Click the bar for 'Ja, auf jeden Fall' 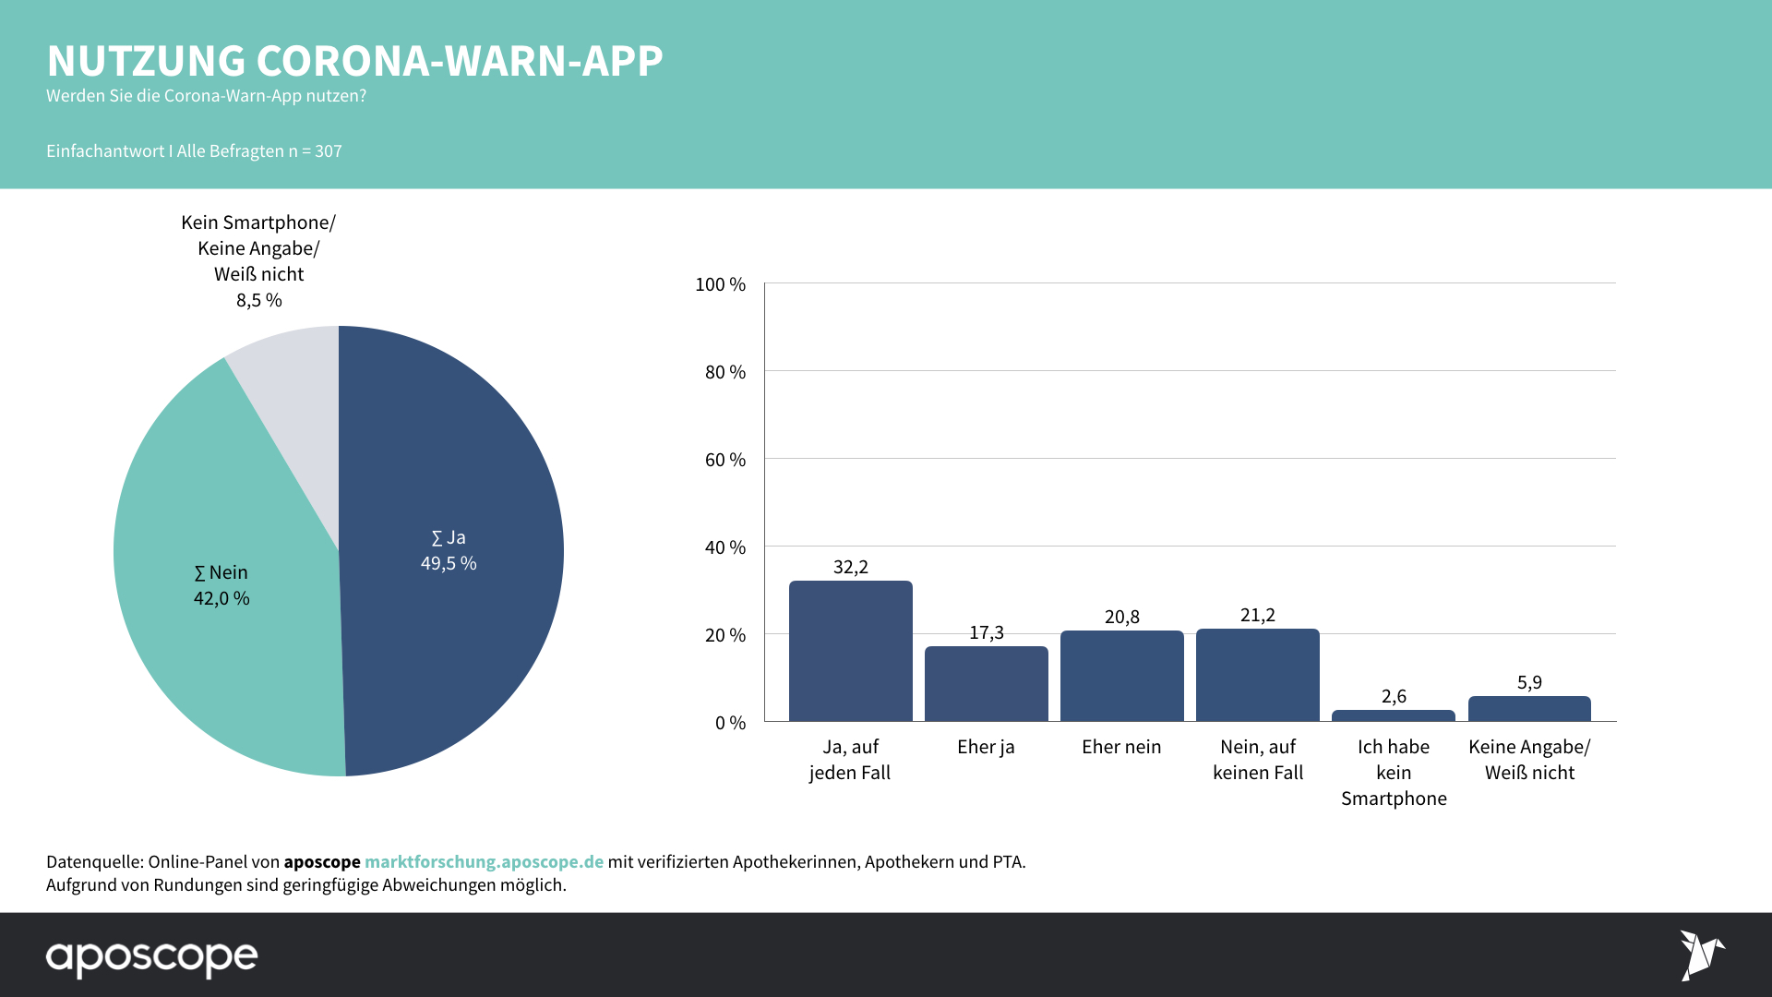[850, 651]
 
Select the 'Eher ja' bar [986, 684]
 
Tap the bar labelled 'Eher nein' [1121, 676]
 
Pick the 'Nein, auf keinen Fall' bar [1257, 675]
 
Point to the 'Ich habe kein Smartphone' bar [1393, 715]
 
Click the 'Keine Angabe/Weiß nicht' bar [1529, 708]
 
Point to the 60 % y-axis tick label [725, 460]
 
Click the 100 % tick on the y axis [720, 284]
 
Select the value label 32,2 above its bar [850, 567]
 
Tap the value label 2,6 [1394, 696]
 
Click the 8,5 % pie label [259, 300]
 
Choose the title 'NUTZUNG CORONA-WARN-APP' [354, 61]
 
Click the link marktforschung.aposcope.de [484, 861]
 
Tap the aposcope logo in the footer [152, 957]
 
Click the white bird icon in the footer [1700, 955]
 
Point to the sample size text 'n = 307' [315, 151]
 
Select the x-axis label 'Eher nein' [1121, 747]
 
